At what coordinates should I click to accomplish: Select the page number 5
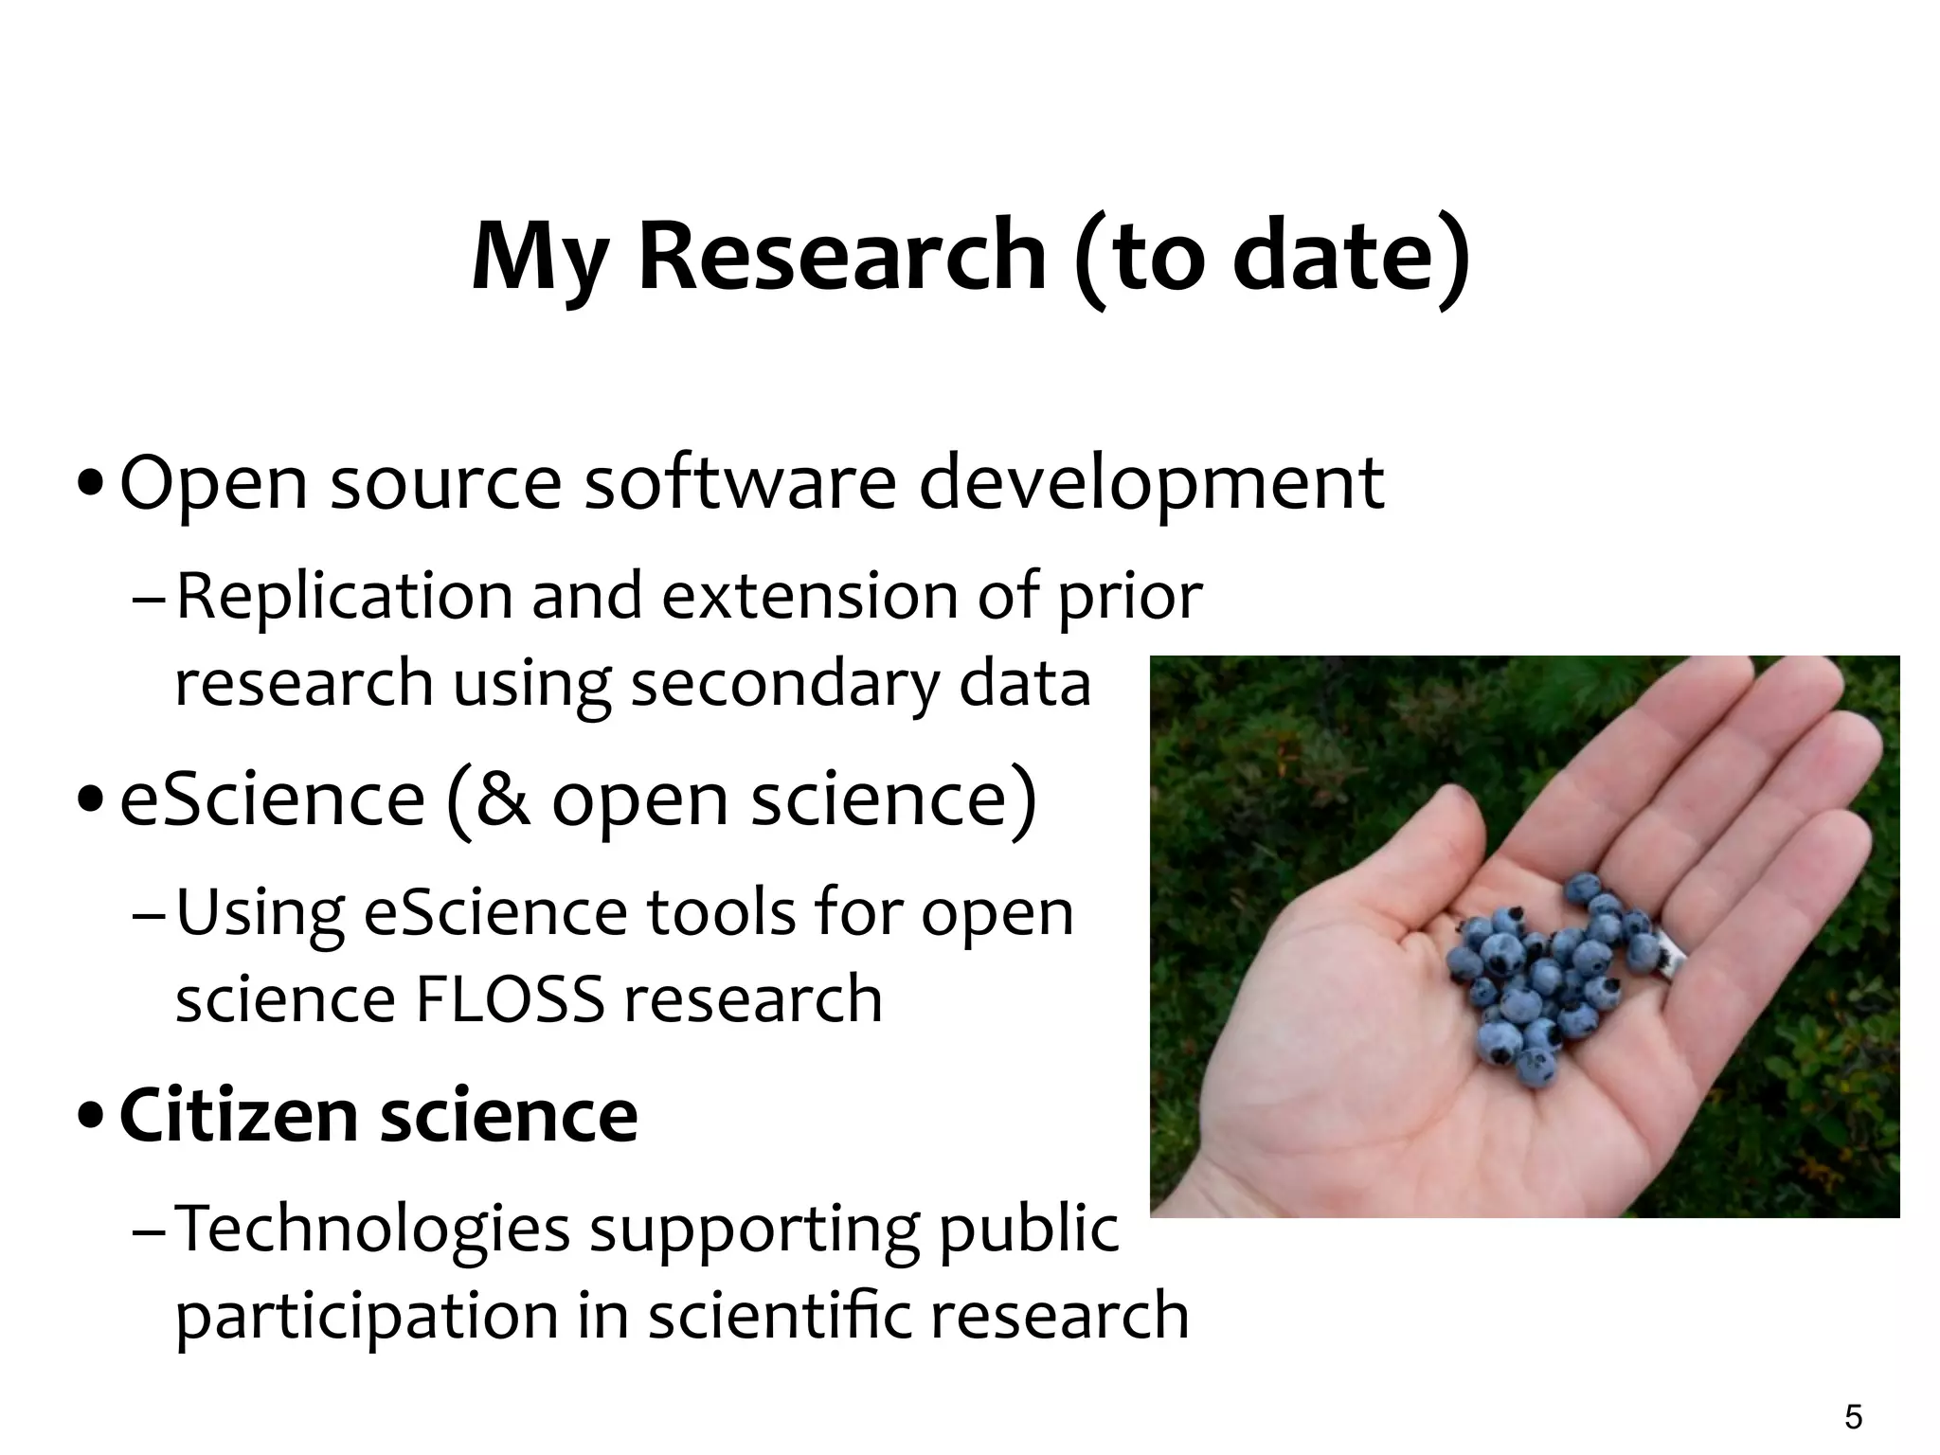click(x=1854, y=1417)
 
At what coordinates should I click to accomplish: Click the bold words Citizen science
click(x=379, y=1116)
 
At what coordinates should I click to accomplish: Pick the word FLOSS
click(x=510, y=999)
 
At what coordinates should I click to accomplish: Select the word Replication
click(x=344, y=597)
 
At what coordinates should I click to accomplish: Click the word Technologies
click(x=373, y=1229)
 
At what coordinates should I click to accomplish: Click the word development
click(x=1151, y=483)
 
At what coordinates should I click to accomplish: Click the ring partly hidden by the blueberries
click(x=1669, y=957)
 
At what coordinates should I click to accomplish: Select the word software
click(x=740, y=483)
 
